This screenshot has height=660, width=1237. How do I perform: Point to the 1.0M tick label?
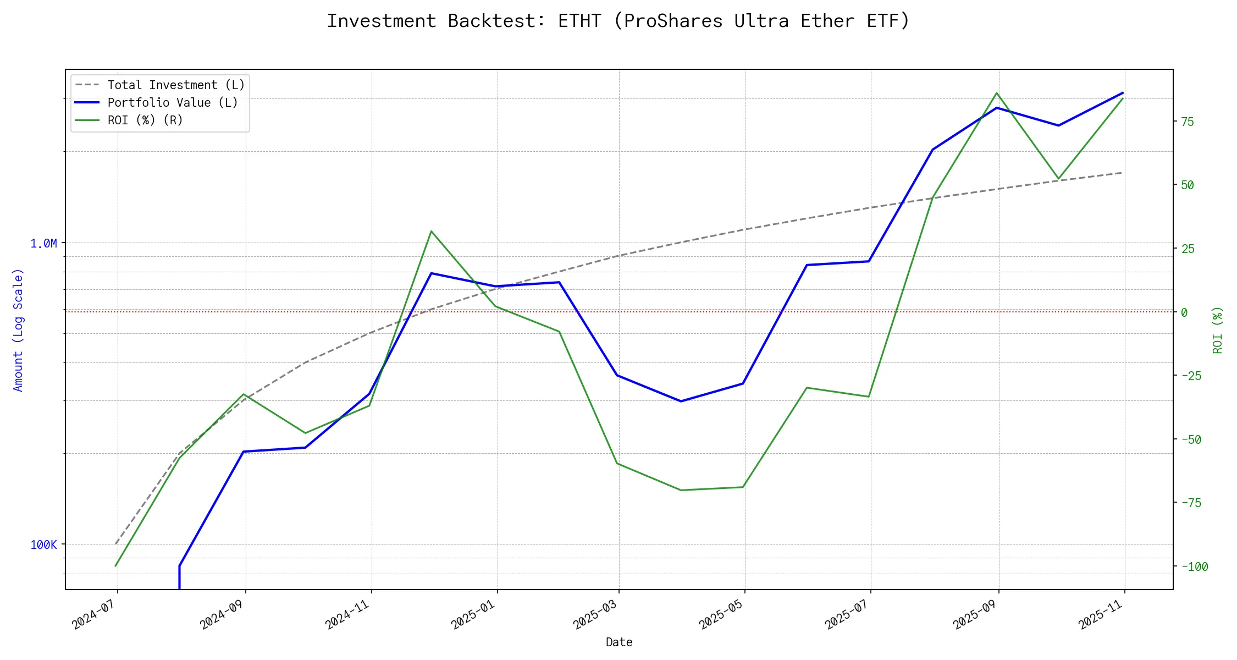[43, 243]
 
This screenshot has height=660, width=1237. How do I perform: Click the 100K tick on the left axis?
[43, 544]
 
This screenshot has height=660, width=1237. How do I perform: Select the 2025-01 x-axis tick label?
[473, 614]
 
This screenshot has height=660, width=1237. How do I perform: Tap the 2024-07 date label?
[95, 614]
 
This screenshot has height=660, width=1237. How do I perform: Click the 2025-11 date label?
[1101, 614]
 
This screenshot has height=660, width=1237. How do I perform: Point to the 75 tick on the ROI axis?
[1188, 122]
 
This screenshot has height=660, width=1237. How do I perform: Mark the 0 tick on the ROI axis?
[1184, 312]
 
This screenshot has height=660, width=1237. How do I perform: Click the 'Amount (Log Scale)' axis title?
[18, 330]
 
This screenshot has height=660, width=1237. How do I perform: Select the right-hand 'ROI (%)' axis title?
[1218, 330]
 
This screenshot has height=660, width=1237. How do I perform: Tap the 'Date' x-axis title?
[619, 642]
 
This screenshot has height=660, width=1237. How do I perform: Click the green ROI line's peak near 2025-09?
[997, 93]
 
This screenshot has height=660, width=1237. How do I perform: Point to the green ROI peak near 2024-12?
[432, 231]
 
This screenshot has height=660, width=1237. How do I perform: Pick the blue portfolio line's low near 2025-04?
[681, 401]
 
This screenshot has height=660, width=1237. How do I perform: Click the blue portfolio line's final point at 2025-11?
[1123, 93]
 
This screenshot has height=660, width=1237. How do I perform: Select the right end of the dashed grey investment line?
[1122, 173]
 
